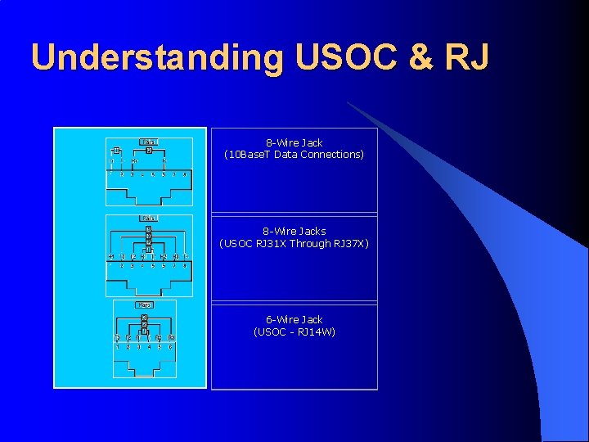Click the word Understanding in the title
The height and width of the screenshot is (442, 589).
point(155,57)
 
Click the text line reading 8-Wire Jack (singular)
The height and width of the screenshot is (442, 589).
point(294,143)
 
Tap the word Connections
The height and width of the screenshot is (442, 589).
point(334,155)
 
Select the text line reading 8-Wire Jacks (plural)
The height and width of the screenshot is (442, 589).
point(294,232)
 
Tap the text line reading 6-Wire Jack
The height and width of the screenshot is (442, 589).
point(294,320)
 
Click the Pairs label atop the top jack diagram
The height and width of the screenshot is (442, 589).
point(149,142)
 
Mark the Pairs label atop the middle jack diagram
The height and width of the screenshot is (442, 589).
point(149,218)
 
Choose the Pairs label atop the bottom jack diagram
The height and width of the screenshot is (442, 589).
point(144,304)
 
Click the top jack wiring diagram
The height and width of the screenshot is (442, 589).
point(149,172)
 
